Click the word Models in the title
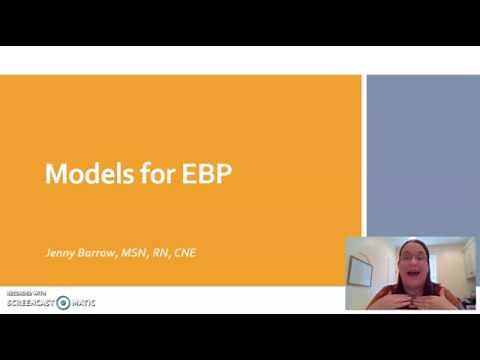tap(83, 175)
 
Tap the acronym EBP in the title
tap(205, 175)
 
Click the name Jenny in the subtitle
tap(61, 252)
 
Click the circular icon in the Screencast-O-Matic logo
tap(63, 302)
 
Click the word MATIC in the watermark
tap(83, 302)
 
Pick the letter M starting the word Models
tap(54, 175)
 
